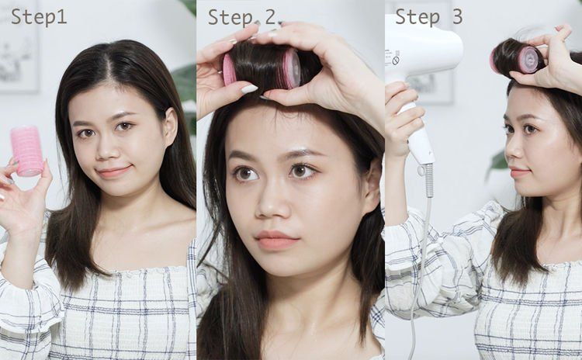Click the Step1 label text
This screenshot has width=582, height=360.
tap(39, 17)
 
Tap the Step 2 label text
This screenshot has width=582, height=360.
tap(246, 17)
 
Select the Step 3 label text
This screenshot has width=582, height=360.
tap(428, 17)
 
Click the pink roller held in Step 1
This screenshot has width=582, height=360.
tap(27, 151)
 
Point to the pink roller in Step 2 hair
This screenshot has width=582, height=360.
tap(262, 68)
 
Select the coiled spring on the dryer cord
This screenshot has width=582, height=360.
tap(429, 180)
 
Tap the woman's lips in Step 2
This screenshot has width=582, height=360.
tap(276, 240)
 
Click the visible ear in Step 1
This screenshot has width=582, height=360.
tap(171, 127)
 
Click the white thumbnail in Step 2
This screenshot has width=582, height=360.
tap(249, 88)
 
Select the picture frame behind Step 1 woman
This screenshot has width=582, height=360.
tap(19, 47)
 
